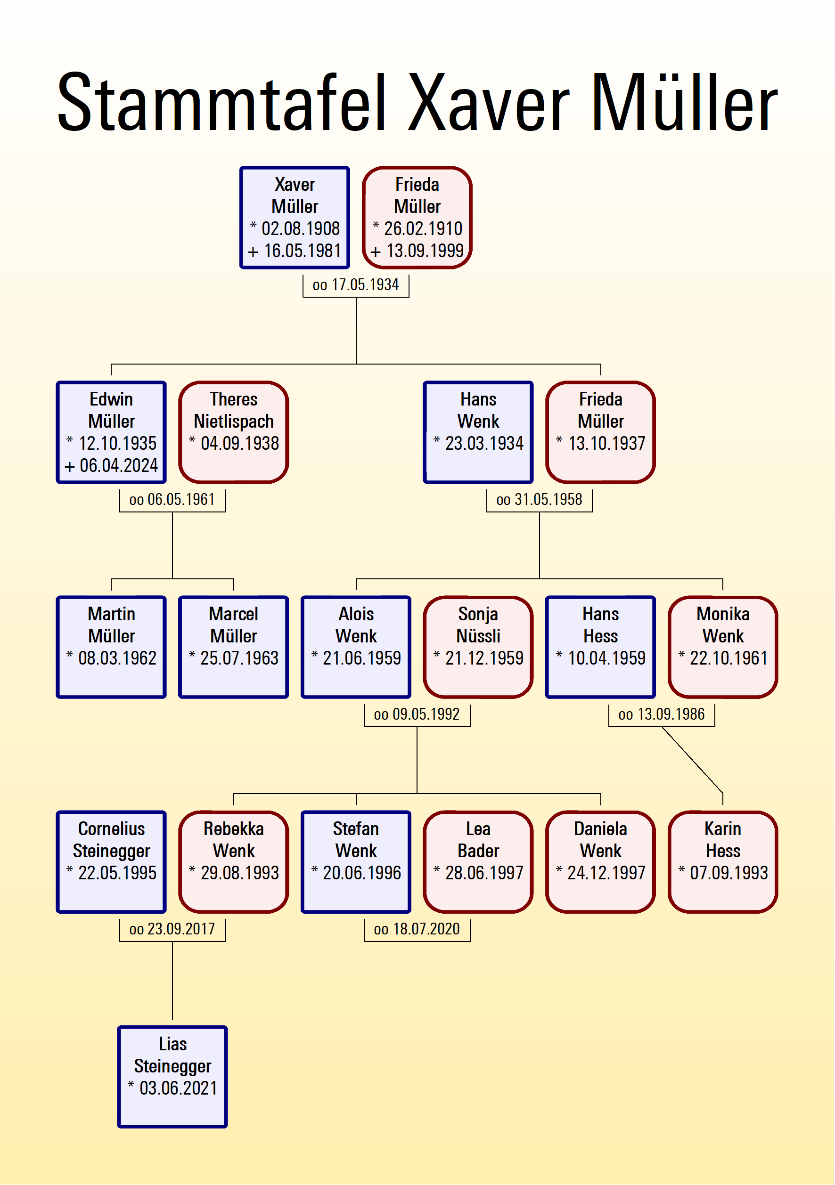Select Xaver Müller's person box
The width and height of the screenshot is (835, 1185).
[295, 217]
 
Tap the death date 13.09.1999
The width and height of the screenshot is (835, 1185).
[425, 252]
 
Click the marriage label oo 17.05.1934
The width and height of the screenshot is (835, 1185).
[356, 285]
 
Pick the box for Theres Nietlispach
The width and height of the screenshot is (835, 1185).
[233, 432]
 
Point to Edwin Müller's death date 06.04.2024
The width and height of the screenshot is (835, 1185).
[118, 465]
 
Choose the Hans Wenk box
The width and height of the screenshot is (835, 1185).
[478, 432]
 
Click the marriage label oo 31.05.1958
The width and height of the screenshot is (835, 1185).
[539, 500]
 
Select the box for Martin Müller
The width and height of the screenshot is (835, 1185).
[111, 647]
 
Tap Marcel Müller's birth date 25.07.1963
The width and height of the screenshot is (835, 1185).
[239, 658]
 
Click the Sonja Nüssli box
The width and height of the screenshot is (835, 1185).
[478, 647]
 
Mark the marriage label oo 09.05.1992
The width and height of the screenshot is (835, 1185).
[417, 714]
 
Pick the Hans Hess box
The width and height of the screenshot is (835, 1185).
[600, 647]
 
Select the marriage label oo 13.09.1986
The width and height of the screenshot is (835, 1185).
[662, 714]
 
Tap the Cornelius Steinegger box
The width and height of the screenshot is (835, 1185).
[111, 861]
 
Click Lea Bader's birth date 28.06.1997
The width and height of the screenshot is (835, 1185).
[484, 873]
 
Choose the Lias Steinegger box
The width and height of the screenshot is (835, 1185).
[172, 1077]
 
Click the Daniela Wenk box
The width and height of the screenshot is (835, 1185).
[600, 861]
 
